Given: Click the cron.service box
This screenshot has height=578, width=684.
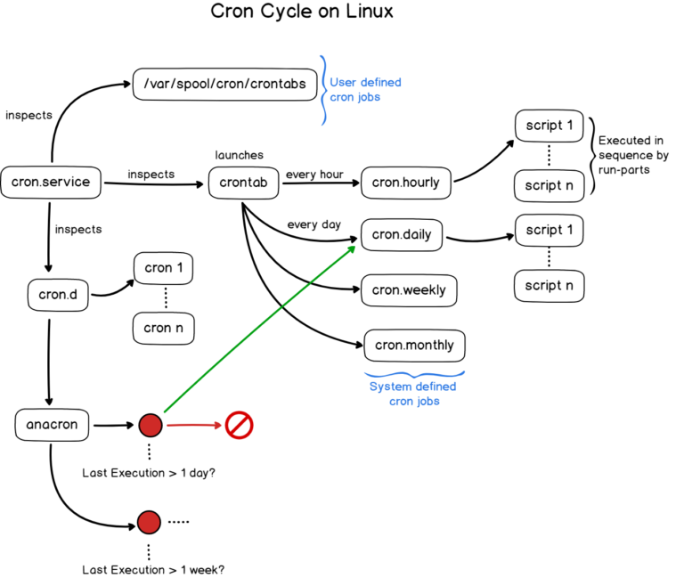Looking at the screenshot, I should (x=51, y=183).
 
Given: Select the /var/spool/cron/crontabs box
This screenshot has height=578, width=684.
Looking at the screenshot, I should (x=224, y=85).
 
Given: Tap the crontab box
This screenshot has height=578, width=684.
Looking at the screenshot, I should (x=243, y=183).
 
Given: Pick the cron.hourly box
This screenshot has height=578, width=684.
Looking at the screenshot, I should (x=405, y=183).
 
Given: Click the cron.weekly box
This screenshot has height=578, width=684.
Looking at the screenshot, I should (x=409, y=290).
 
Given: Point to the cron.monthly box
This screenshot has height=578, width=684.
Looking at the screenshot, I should (x=414, y=345).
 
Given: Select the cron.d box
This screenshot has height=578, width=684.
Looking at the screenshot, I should (x=58, y=295).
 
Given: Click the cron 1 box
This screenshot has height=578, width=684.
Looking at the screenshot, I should (x=164, y=268).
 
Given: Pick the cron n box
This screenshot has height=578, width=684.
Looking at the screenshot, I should (x=163, y=328).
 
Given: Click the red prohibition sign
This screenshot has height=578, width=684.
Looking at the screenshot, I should (x=239, y=425).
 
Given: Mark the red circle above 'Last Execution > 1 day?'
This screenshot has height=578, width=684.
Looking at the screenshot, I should (x=150, y=425).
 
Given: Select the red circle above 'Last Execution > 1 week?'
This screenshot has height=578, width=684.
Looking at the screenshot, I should (x=149, y=522).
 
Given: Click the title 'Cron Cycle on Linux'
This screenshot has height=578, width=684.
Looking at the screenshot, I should (x=301, y=12).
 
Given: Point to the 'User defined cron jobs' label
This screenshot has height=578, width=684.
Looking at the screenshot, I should (x=365, y=90).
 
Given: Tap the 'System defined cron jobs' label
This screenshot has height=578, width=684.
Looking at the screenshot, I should (x=412, y=394).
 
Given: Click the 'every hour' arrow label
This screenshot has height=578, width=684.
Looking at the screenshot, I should (x=314, y=175).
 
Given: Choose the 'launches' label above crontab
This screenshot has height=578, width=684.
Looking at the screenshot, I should (x=239, y=155).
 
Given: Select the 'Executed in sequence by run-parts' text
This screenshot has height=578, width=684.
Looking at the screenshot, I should (x=633, y=155).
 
